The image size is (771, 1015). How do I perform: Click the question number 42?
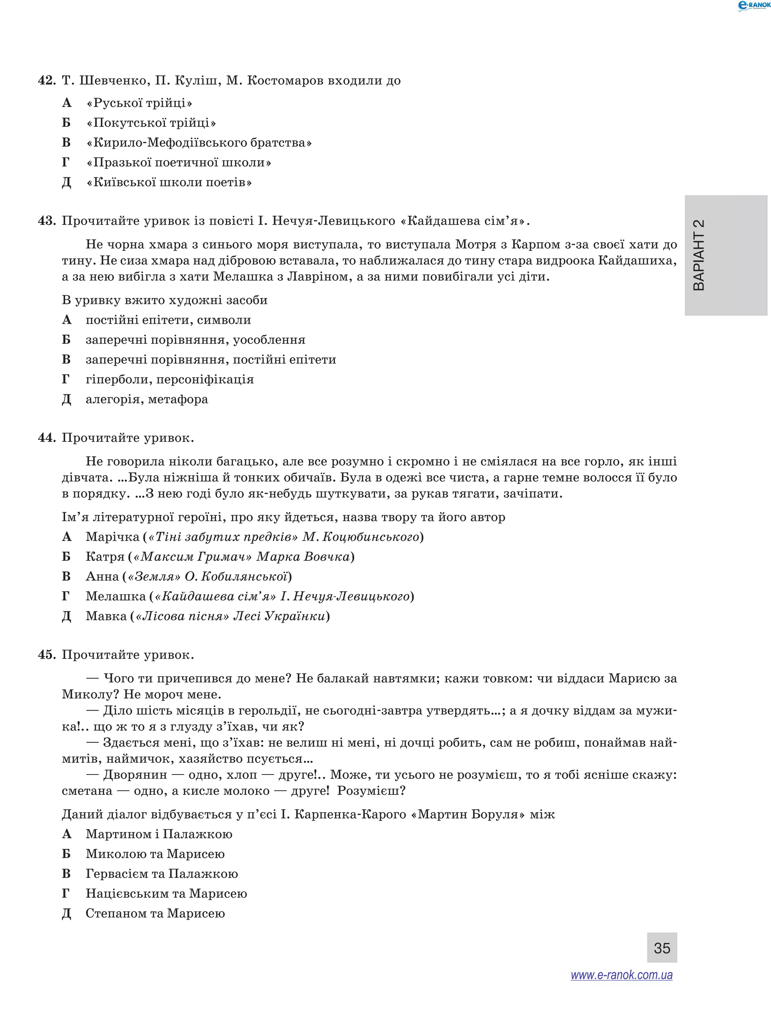click(47, 81)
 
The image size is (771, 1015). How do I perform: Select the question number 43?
click(47, 221)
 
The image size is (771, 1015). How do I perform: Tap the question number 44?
click(47, 438)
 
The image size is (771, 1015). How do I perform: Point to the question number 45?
click(47, 655)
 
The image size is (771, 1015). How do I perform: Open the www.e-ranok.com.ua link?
click(622, 975)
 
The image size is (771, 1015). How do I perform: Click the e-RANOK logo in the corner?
click(753, 6)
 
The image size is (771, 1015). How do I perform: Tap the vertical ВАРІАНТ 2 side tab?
click(725, 255)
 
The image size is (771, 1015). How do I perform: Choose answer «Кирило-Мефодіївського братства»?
click(199, 143)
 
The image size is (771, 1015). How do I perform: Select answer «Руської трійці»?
click(139, 103)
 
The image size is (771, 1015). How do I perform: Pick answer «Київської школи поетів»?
click(169, 182)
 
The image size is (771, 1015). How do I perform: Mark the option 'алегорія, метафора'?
click(147, 399)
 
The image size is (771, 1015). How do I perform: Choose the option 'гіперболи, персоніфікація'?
click(170, 379)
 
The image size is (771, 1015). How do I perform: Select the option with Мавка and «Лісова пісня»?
click(207, 616)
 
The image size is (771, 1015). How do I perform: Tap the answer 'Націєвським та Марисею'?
click(166, 893)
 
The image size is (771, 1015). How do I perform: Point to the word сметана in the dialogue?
click(87, 791)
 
